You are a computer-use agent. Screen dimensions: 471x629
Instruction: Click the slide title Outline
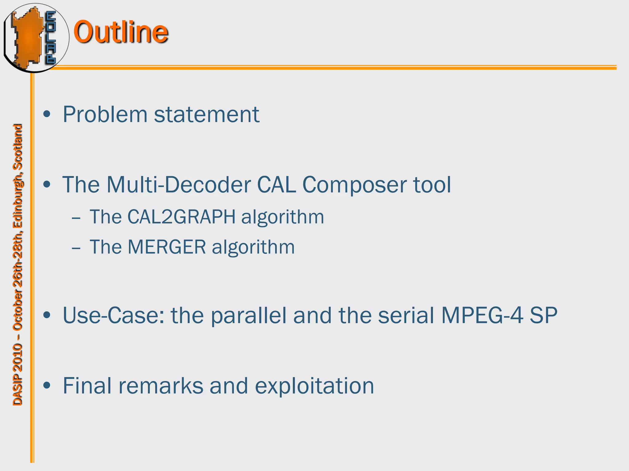(120, 32)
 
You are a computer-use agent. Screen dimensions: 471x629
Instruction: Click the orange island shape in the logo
(28, 37)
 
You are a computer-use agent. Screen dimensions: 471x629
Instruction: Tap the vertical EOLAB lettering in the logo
(51, 37)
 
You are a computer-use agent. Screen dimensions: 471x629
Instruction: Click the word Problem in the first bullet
(105, 114)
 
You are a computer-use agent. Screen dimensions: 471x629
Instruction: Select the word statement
(206, 114)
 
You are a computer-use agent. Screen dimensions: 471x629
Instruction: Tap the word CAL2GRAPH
(181, 217)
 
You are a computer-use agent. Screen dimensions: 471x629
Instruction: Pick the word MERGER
(166, 247)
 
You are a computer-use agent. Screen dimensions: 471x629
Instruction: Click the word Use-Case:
(113, 315)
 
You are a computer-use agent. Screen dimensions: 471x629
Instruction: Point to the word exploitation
(314, 386)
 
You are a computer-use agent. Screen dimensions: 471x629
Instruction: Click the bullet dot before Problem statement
(47, 114)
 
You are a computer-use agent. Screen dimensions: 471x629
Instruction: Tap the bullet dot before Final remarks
(47, 385)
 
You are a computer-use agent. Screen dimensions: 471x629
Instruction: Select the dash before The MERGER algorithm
(76, 248)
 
